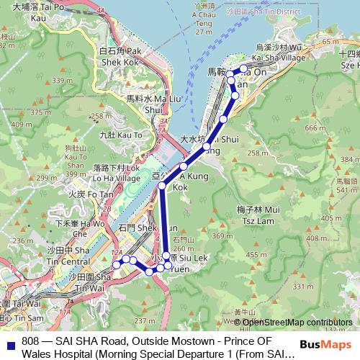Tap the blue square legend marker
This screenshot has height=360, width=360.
[10, 342]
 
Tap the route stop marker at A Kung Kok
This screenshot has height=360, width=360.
[184, 167]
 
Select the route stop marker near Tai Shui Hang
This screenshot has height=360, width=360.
[207, 148]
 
